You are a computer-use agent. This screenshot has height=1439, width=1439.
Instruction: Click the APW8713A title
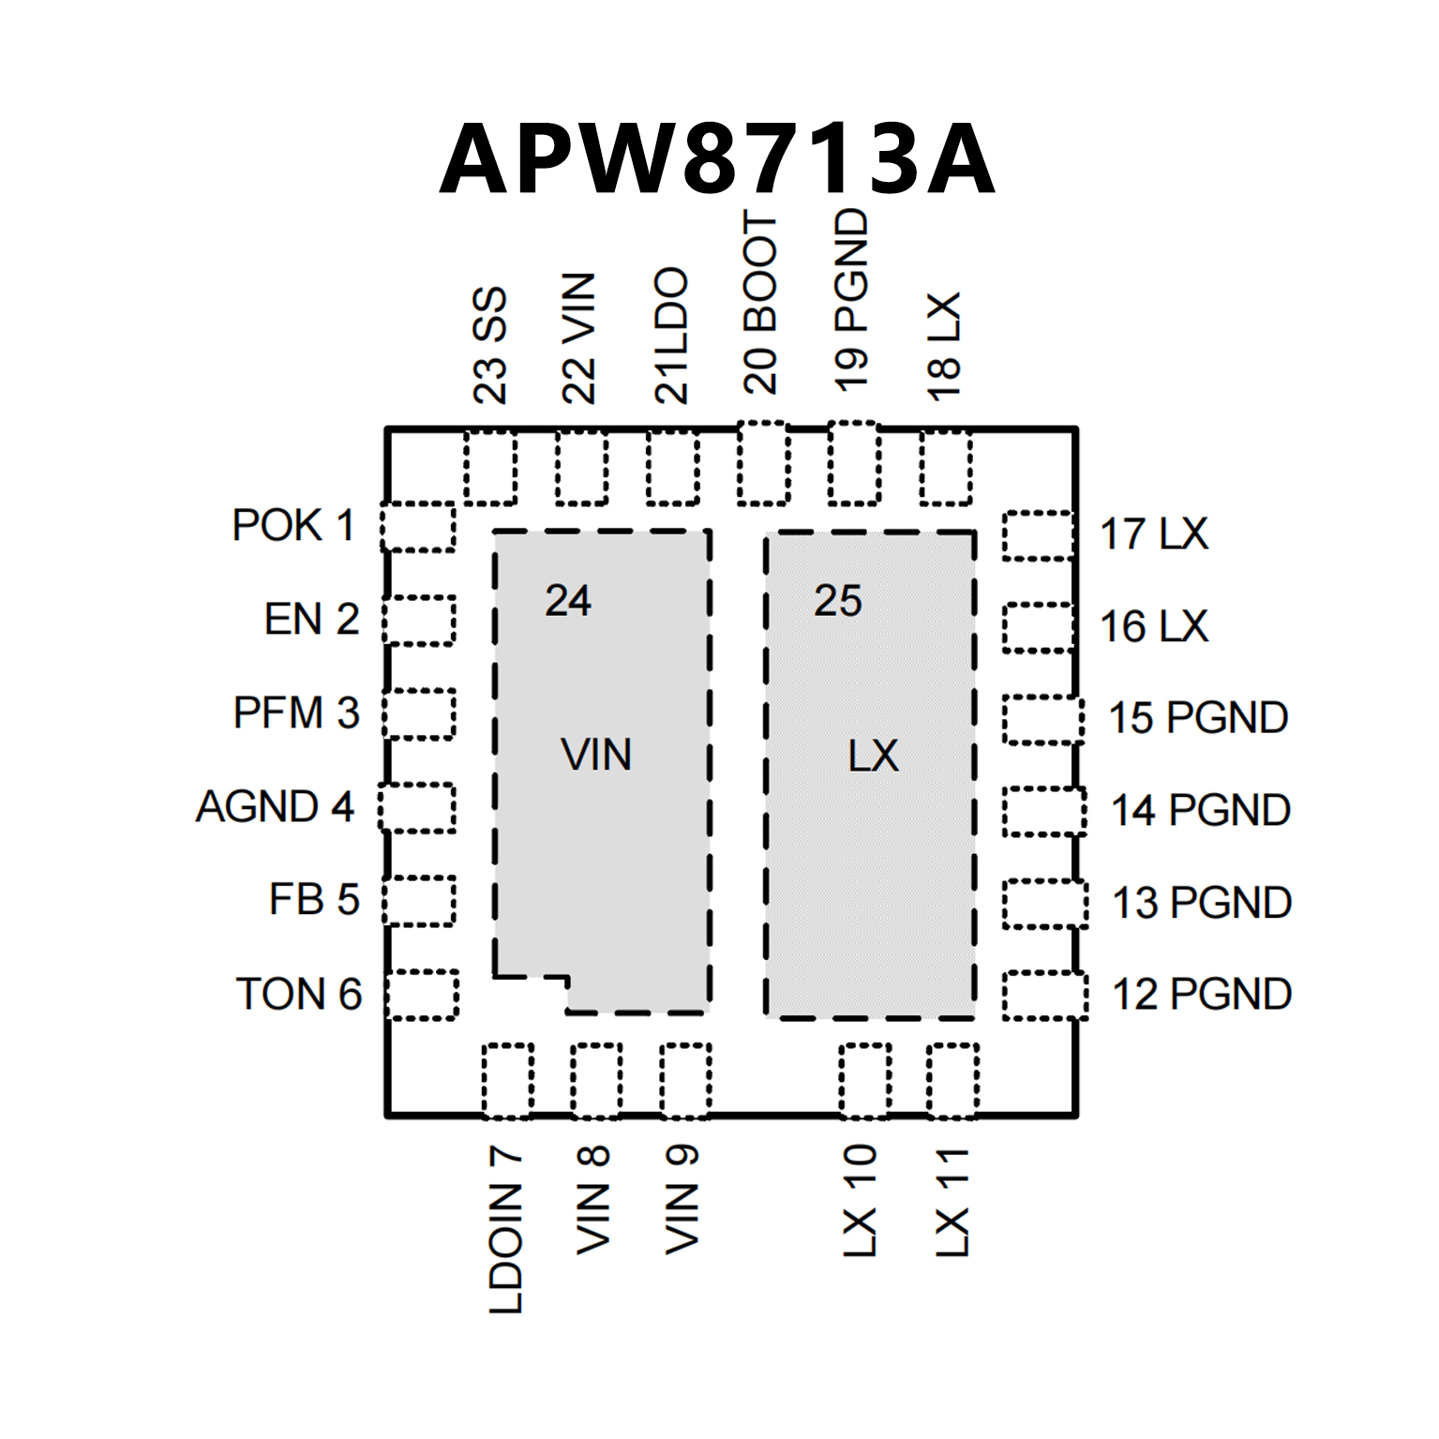(x=717, y=159)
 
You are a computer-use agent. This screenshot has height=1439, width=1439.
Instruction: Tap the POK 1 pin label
(x=293, y=526)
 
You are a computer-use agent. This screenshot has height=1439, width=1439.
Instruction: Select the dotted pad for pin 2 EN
(x=419, y=620)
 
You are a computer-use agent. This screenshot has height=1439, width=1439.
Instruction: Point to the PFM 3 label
(x=296, y=713)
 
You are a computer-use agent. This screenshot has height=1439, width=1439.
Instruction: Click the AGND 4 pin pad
(x=417, y=807)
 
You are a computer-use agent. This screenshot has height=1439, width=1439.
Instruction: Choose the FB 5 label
(x=314, y=900)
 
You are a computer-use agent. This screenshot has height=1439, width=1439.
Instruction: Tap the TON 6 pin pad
(x=422, y=995)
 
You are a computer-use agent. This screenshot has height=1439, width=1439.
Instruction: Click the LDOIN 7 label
(x=506, y=1229)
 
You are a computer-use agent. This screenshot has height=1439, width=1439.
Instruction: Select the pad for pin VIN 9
(x=685, y=1080)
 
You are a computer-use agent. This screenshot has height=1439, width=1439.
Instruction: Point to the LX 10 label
(x=859, y=1201)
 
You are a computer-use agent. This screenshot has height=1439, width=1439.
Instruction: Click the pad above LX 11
(x=952, y=1080)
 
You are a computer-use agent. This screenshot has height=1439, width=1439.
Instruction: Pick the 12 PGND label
(x=1202, y=995)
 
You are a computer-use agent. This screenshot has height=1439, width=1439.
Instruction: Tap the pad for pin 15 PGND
(x=1042, y=720)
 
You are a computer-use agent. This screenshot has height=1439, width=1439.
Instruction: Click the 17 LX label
(x=1154, y=534)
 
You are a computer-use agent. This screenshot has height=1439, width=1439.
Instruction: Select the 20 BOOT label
(x=760, y=302)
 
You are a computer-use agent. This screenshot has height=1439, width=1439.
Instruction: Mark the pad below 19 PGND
(x=854, y=463)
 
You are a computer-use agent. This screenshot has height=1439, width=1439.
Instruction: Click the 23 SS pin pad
(x=490, y=467)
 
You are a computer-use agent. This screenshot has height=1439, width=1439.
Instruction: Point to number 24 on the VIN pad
(x=568, y=601)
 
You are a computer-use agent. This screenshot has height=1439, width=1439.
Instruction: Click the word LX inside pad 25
(x=873, y=756)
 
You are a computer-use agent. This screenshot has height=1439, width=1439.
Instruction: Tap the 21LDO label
(x=671, y=336)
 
